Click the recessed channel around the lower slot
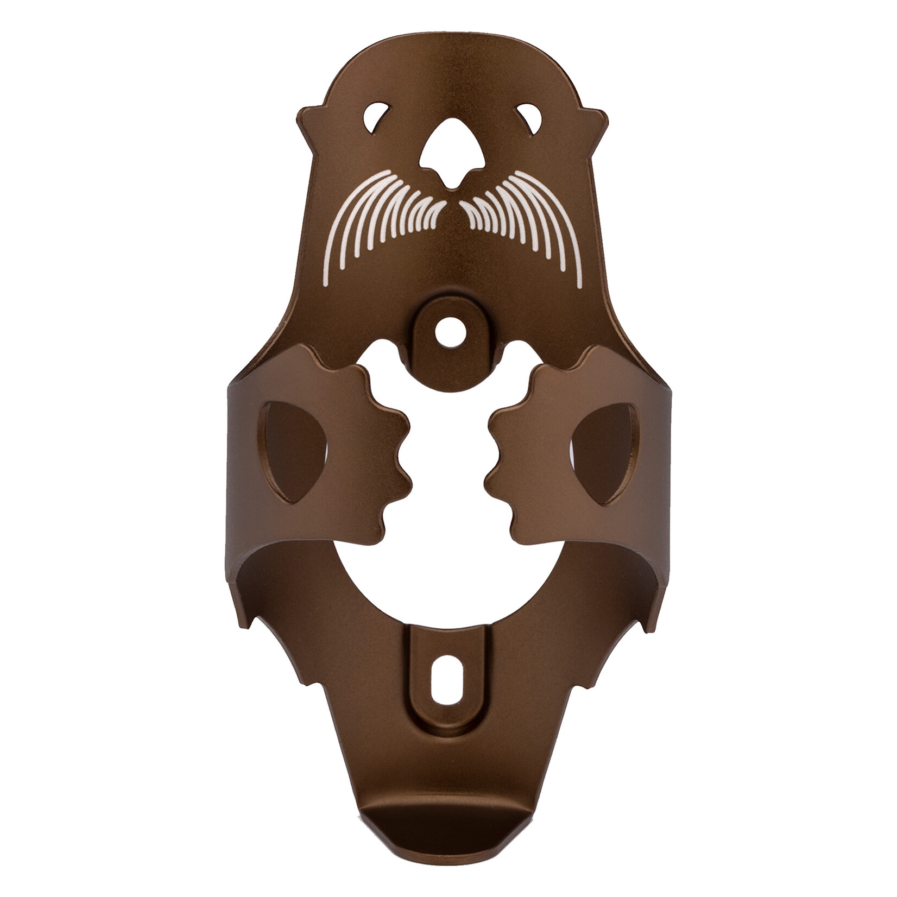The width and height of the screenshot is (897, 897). (448, 728)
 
